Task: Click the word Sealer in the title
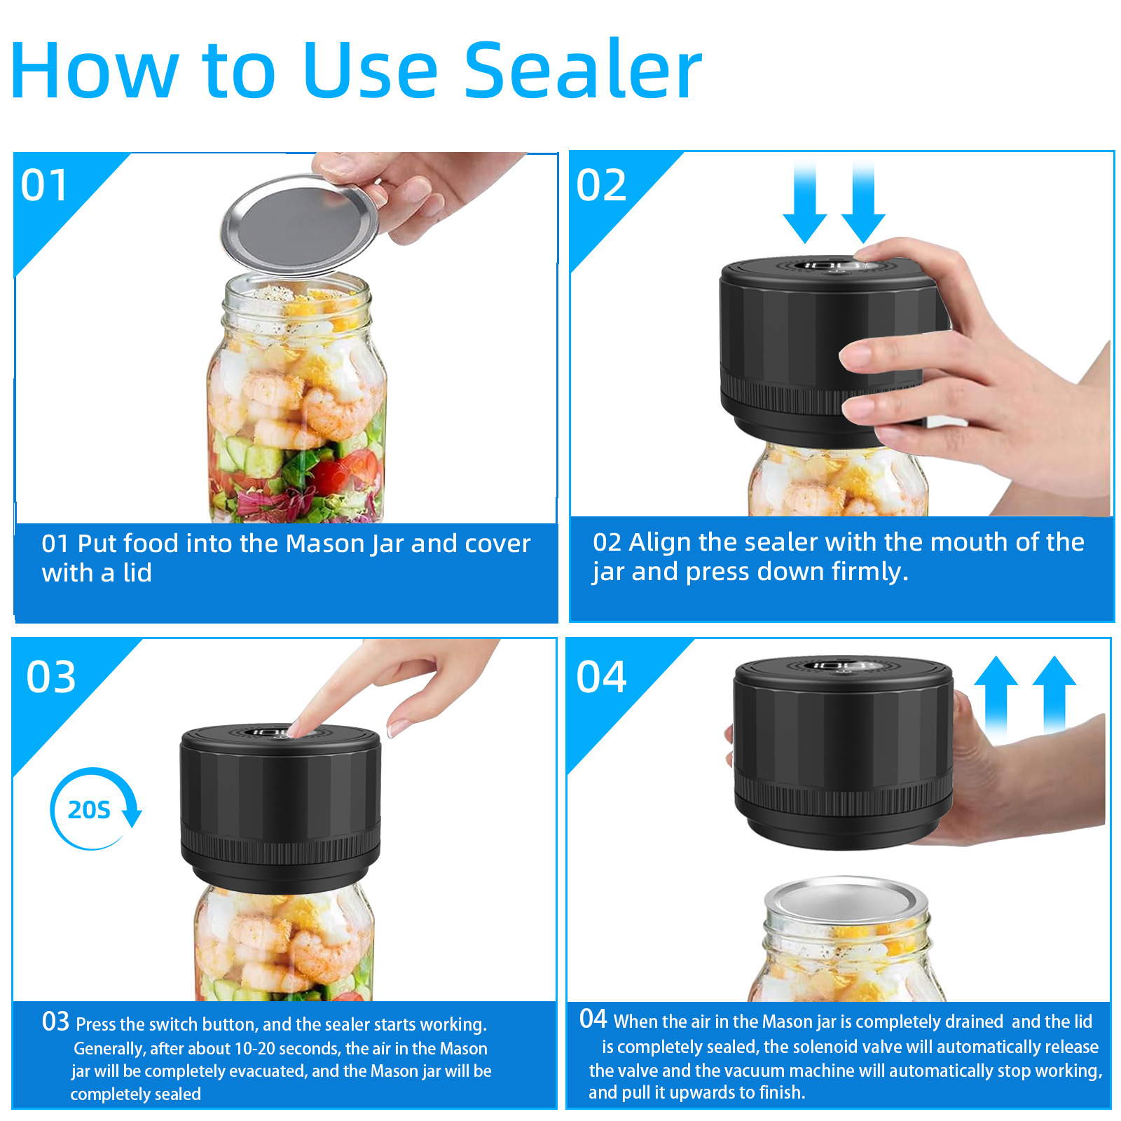pos(583,70)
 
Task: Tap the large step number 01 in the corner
pos(45,186)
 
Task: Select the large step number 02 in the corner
pos(601,186)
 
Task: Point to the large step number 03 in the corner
pos(50,678)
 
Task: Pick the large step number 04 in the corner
pos(601,678)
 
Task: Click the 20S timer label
pos(89,810)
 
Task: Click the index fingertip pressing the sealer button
pos(296,728)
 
